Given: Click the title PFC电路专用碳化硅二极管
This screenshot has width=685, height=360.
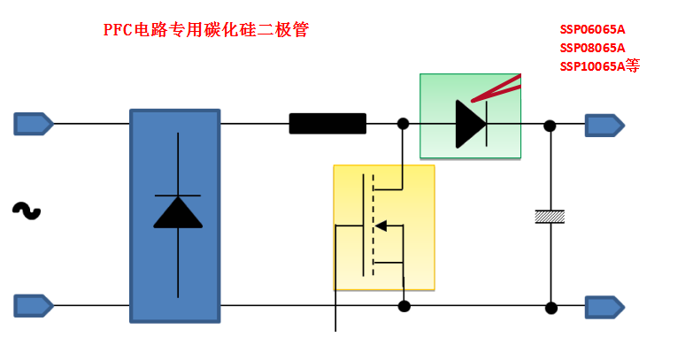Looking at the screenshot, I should click(x=206, y=30).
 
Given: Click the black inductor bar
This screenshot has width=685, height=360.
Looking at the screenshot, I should click(x=327, y=124).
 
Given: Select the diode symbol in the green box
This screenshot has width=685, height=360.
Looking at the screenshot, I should click(x=470, y=124).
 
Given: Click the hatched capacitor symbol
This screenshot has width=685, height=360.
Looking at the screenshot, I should click(x=550, y=216).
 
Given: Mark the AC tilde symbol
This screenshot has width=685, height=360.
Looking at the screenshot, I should click(x=26, y=211).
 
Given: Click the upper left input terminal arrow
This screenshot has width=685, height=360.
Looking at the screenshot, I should click(x=33, y=124).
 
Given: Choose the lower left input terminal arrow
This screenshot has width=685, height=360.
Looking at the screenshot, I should click(x=33, y=306).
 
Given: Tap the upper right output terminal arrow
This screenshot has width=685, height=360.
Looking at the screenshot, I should click(x=604, y=125).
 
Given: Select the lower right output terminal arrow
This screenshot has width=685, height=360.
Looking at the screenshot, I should click(x=604, y=307).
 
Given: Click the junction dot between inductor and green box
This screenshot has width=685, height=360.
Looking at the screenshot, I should click(x=404, y=124).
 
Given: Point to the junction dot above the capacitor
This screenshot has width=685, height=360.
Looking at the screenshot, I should click(x=550, y=126).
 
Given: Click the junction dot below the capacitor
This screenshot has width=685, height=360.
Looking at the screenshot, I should click(x=550, y=308).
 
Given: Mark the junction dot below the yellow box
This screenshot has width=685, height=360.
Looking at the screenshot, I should click(x=404, y=307).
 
